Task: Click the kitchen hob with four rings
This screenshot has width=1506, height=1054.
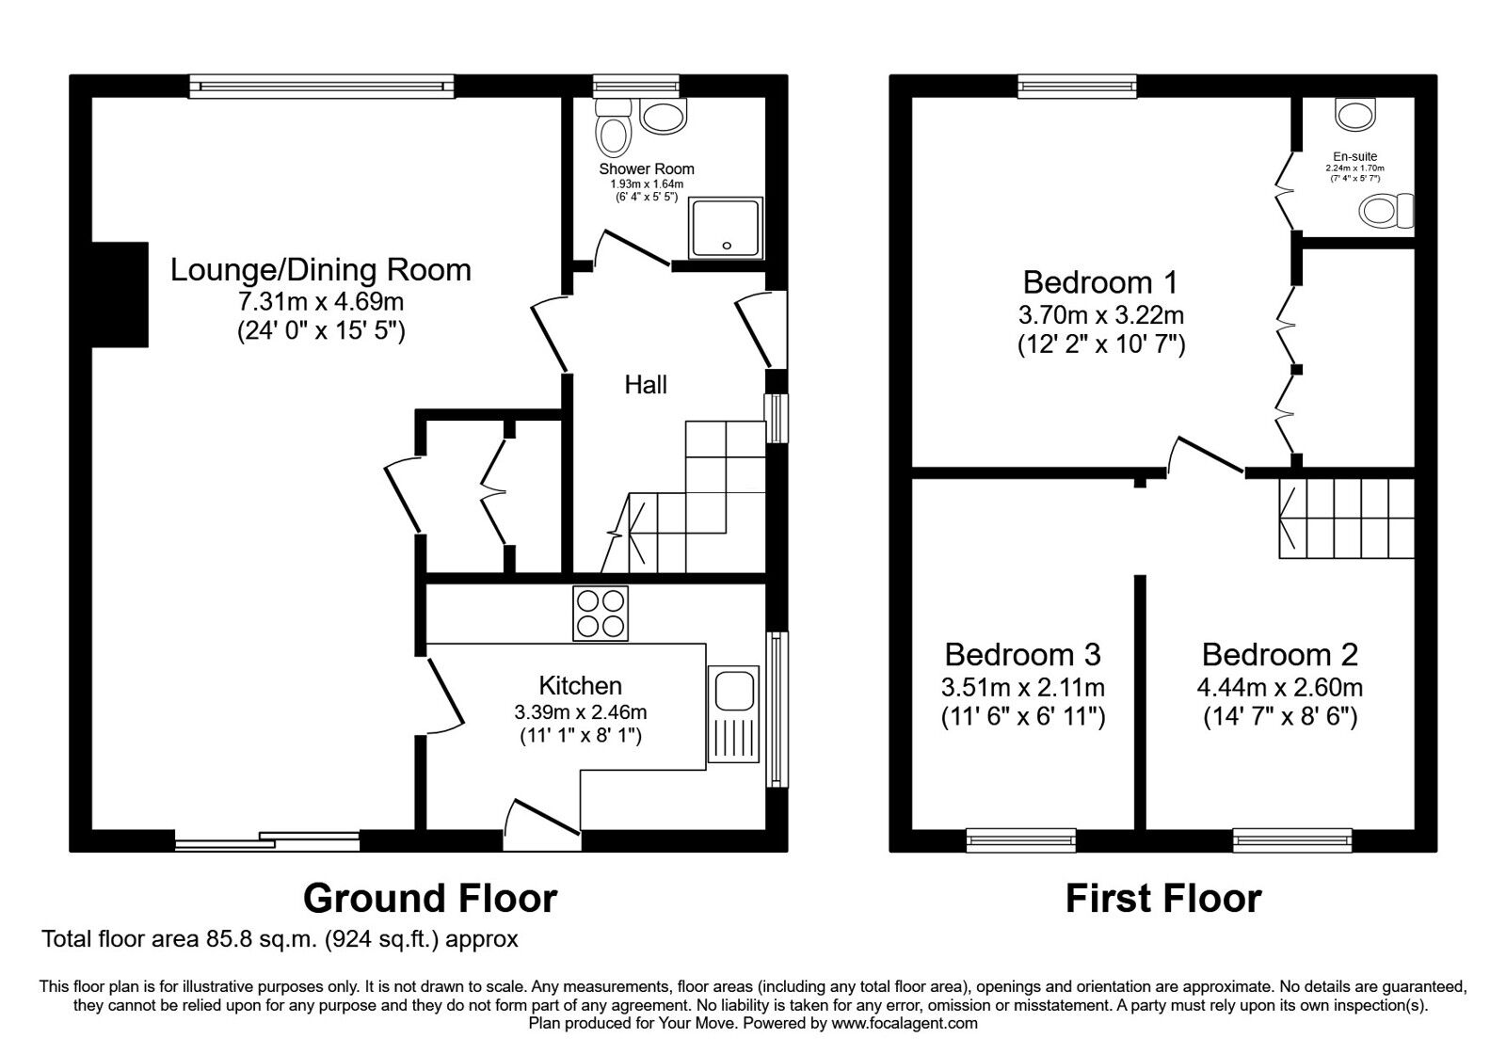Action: (601, 613)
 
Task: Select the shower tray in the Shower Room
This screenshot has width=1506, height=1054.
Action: (726, 227)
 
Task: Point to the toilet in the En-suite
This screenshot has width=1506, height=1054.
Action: (1386, 211)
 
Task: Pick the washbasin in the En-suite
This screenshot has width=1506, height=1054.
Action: (1355, 114)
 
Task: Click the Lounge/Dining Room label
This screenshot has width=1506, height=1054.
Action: (321, 270)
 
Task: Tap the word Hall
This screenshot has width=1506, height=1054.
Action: (646, 385)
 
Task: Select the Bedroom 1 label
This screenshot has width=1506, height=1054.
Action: (1100, 282)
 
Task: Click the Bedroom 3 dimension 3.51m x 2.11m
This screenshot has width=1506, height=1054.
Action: (1022, 688)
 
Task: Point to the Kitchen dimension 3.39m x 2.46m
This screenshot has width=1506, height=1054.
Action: (581, 711)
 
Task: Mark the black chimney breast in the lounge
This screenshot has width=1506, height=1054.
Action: (120, 295)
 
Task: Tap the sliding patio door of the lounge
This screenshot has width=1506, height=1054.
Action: (267, 841)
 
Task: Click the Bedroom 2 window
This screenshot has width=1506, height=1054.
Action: (1292, 839)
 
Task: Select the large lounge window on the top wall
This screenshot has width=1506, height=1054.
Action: (321, 86)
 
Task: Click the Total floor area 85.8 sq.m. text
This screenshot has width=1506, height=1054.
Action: (180, 939)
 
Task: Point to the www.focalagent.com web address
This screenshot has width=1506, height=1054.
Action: (905, 1024)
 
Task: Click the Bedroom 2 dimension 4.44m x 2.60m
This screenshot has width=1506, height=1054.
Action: (1279, 688)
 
